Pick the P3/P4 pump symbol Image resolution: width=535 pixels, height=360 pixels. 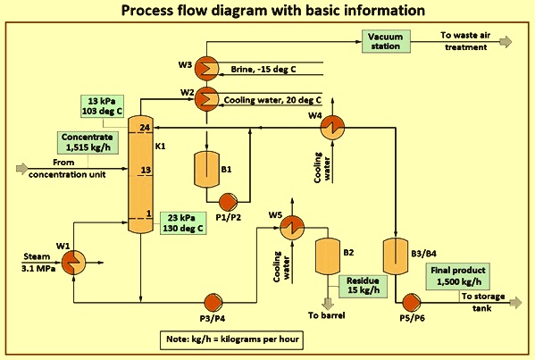(x=213, y=300)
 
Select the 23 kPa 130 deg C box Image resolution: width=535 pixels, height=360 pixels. (x=182, y=222)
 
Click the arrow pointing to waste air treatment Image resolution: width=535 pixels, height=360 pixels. (x=506, y=41)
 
